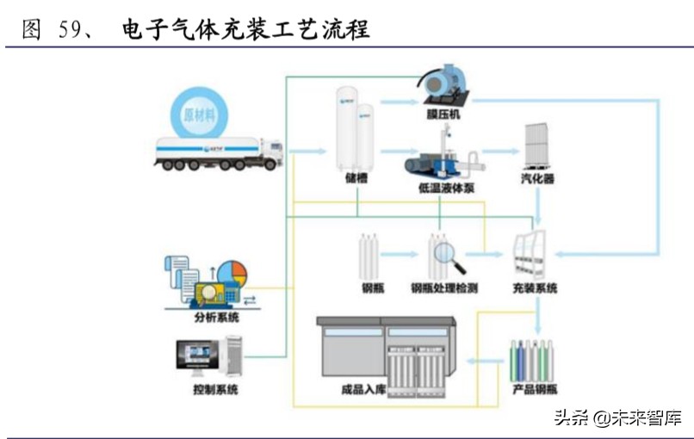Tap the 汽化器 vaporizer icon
pos(538,148)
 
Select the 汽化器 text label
pos(538,179)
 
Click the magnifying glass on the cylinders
pos(448,252)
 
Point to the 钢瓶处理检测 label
pos(444,288)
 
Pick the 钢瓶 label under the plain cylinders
pos(372,288)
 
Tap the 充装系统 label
pos(535,288)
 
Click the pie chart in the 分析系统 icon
pos(232,273)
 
